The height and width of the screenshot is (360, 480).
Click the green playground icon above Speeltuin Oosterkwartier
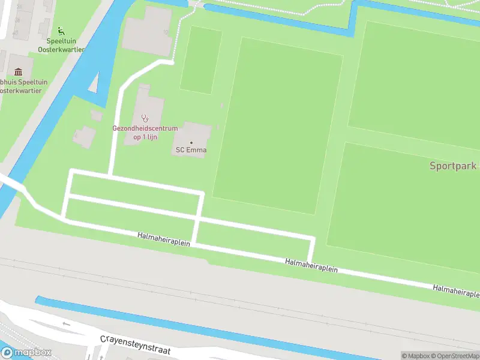pyautogui.click(x=60, y=31)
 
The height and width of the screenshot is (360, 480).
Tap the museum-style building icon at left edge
pyautogui.click(x=17, y=73)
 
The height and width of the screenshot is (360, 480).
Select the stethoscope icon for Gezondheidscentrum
pyautogui.click(x=144, y=118)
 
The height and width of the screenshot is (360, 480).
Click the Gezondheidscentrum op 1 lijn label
pyautogui.click(x=145, y=133)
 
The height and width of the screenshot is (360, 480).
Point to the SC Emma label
pyautogui.click(x=191, y=150)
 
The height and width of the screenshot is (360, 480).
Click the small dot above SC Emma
pyautogui.click(x=191, y=142)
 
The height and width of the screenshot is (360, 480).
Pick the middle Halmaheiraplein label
pyautogui.click(x=311, y=266)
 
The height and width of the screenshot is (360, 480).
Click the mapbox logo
pyautogui.click(x=26, y=352)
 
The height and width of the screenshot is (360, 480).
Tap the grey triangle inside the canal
pyautogui.click(x=94, y=83)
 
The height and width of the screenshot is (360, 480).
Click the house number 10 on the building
pyautogui.click(x=165, y=32)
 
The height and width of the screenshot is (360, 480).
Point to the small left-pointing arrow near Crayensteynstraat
pyautogui.click(x=66, y=324)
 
